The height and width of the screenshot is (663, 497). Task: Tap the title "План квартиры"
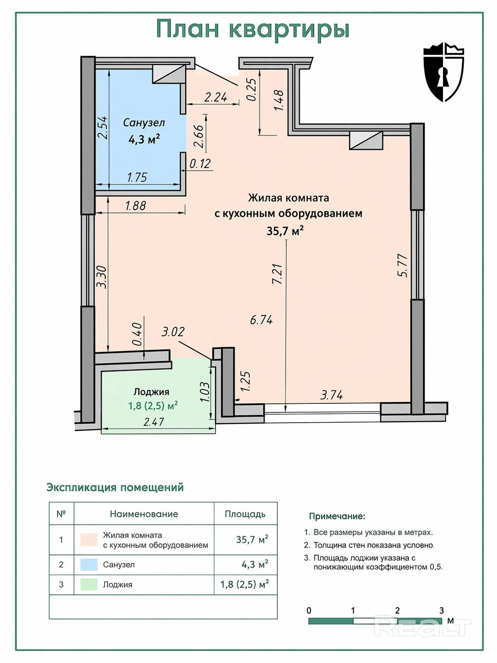point(253,29)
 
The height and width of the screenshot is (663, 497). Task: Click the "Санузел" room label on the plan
point(144,123)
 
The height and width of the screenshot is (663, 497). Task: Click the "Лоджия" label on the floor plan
point(151,392)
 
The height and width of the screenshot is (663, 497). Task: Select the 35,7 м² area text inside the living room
point(285,231)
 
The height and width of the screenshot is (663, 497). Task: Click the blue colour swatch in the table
point(89,564)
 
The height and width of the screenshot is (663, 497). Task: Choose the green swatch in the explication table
point(89,584)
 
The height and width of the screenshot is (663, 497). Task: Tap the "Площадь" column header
point(245,514)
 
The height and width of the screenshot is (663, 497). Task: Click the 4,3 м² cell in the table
point(255,564)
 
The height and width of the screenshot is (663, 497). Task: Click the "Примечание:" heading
point(337,516)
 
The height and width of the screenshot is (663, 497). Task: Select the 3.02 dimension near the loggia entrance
point(173,331)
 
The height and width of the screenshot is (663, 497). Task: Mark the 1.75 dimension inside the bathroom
point(137,177)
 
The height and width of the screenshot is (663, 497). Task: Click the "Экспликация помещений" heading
point(115,487)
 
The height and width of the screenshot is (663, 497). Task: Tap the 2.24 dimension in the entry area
point(216,97)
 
